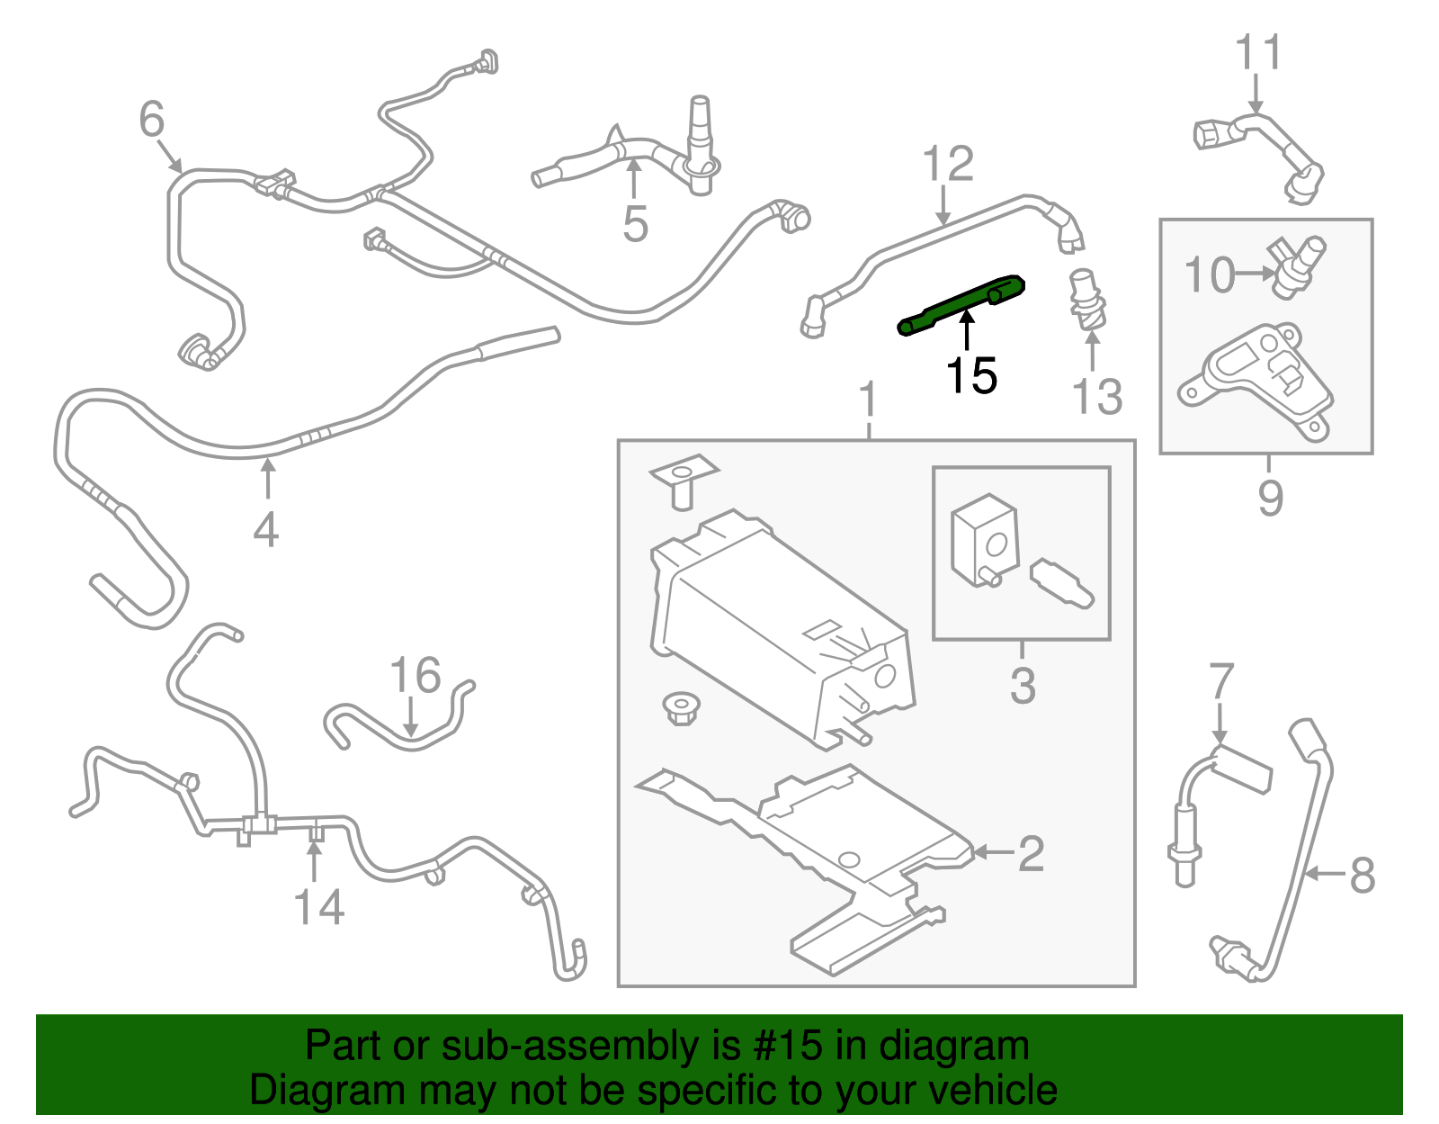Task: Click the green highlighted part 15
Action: [961, 304]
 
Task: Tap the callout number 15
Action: [971, 376]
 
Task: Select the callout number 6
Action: [152, 120]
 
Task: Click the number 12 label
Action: [948, 165]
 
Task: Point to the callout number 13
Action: [1097, 397]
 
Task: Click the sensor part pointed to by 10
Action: [1295, 265]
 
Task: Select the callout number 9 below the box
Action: [1270, 498]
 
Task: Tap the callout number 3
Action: [1023, 686]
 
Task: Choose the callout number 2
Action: [1031, 853]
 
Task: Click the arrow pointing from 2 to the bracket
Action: [993, 852]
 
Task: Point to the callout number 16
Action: [416, 675]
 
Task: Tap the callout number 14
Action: [319, 907]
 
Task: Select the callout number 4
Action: [265, 529]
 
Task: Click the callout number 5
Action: [635, 224]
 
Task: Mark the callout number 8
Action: [1363, 875]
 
